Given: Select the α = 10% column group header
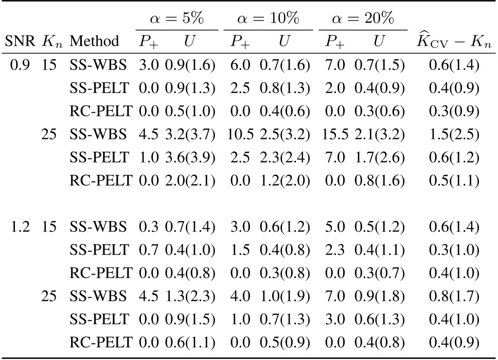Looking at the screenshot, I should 268,20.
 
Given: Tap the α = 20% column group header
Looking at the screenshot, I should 363,20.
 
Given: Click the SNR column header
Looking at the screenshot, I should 18,41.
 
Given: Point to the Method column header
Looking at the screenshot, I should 94,41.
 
